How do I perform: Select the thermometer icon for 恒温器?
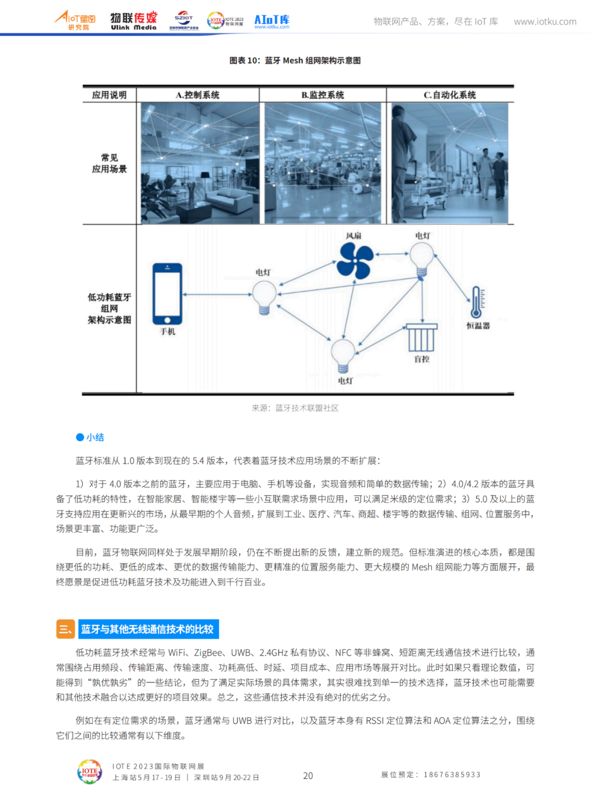476,302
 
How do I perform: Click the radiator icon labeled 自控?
422,338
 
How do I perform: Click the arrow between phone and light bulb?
217,294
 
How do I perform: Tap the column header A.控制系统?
197,95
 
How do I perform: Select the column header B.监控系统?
323,95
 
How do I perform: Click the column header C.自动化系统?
449,95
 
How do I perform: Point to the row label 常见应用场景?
109,163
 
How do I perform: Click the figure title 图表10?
295,60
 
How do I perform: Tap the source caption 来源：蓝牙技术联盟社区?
295,408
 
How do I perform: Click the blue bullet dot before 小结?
80,437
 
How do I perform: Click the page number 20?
308,776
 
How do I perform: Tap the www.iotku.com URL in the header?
545,22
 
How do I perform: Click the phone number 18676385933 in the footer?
452,774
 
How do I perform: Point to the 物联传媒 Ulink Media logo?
134,21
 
